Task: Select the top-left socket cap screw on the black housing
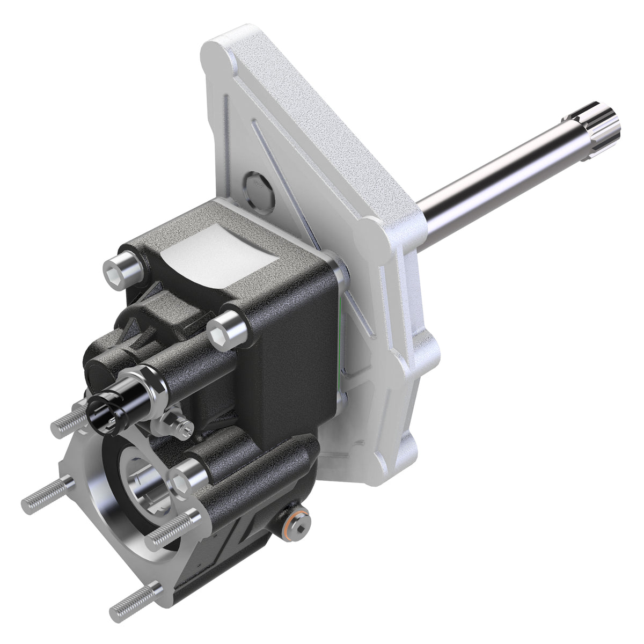pos(122,269)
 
